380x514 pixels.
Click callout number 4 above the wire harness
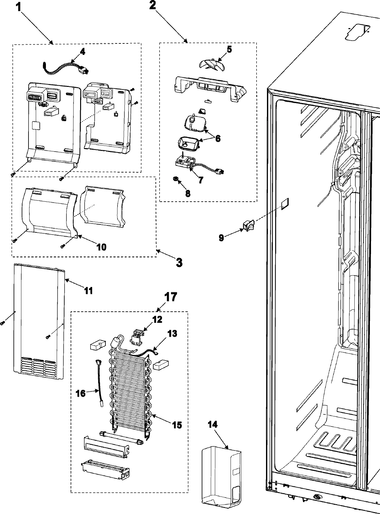tap(82, 52)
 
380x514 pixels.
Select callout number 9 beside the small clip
tap(221, 237)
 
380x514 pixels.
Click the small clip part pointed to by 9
tap(247, 226)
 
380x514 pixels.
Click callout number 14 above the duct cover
tap(212, 425)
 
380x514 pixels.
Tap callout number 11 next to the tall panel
tap(88, 290)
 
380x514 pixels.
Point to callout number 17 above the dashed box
tap(170, 297)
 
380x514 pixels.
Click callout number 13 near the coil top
tap(172, 333)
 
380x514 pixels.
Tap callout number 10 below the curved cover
tap(101, 247)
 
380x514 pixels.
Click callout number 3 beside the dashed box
tap(179, 262)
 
